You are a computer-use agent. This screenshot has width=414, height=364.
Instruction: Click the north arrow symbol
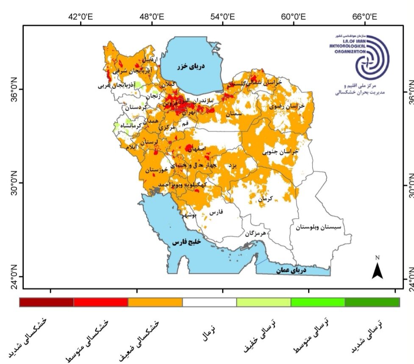(377, 269)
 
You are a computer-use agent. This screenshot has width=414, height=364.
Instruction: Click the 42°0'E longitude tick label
(81, 17)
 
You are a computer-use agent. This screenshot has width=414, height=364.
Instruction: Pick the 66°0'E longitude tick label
(365, 17)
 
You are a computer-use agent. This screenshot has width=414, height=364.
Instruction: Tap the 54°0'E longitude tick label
(223, 17)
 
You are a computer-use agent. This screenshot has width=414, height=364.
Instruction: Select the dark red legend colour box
(47, 302)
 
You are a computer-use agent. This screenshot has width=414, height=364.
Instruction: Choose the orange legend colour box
(155, 302)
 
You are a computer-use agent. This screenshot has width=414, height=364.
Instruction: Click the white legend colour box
(209, 302)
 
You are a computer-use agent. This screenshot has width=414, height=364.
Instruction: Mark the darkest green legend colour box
(372, 302)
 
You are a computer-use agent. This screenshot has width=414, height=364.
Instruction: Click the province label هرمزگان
(255, 233)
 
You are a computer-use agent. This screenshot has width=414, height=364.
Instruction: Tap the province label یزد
(232, 165)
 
